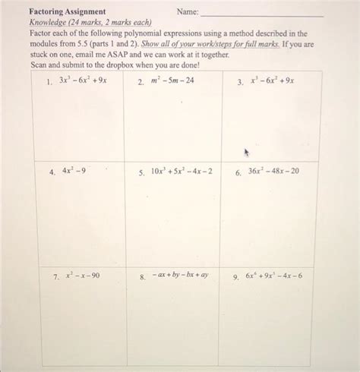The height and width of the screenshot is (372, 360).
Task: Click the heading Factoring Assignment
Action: point(68,12)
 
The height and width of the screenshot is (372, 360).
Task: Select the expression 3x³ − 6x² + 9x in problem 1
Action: point(84,80)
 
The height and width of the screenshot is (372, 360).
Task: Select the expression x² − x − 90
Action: point(82,276)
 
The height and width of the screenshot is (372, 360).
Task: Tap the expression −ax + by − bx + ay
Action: point(180,276)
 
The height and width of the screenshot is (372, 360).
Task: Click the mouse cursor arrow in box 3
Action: point(246,152)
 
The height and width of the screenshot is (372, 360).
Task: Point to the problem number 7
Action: point(55,276)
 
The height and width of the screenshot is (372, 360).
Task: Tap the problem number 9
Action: point(235,276)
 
